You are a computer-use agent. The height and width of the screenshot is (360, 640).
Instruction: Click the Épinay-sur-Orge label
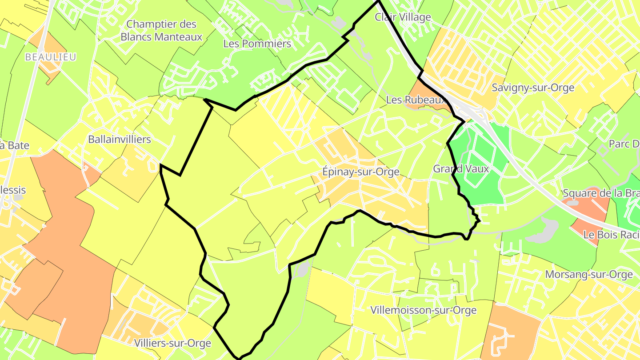(360, 172)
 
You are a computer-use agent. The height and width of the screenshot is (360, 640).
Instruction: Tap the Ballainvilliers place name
(120, 139)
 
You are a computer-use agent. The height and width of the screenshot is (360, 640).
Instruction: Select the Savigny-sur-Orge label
(533, 88)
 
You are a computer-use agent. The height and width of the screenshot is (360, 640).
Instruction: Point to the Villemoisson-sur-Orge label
(424, 310)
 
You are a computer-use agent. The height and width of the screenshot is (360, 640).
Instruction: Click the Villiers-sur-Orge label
(172, 343)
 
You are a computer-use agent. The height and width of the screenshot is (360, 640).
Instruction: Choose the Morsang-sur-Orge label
(588, 274)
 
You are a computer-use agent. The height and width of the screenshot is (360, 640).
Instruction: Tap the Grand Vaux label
(461, 169)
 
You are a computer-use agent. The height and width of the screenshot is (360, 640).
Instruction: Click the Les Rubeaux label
(415, 100)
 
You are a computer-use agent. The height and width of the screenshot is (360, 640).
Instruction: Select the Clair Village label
(403, 17)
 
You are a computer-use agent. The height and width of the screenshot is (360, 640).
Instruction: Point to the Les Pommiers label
(257, 44)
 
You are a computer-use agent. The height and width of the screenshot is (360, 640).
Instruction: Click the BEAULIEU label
(50, 57)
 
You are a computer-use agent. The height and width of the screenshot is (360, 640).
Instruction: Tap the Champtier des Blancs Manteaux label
(161, 30)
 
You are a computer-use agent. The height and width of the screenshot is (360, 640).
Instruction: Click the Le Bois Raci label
(611, 234)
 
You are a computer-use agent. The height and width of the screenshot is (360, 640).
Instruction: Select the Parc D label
(624, 144)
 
